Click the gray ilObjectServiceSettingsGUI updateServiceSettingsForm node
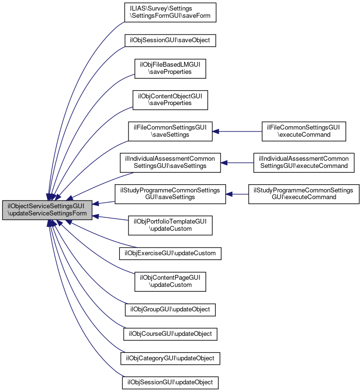coord(47,211)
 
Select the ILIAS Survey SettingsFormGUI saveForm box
coord(170,12)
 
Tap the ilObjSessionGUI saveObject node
coord(170,40)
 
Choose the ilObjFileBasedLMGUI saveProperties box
coord(170,68)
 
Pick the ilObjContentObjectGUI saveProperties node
coord(170,99)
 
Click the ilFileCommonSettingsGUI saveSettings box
coord(170,131)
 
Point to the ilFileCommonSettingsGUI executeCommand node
coord(304,131)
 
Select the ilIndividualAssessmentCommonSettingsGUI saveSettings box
coord(170,162)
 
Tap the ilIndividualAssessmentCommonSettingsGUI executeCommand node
coord(304,162)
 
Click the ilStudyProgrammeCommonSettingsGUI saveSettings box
coord(170,194)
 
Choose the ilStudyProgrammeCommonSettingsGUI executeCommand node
coord(304,194)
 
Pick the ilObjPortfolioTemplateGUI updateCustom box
coord(170,225)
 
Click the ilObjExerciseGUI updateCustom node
coord(170,253)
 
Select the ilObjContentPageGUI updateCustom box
coord(170,281)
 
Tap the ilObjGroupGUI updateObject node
coord(170,309)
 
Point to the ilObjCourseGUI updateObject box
coord(170,333)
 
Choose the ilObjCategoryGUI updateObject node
coord(170,358)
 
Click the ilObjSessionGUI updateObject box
coord(170,382)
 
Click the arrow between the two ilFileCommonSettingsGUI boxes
coord(237,131)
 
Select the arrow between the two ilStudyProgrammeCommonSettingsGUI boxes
coord(237,194)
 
